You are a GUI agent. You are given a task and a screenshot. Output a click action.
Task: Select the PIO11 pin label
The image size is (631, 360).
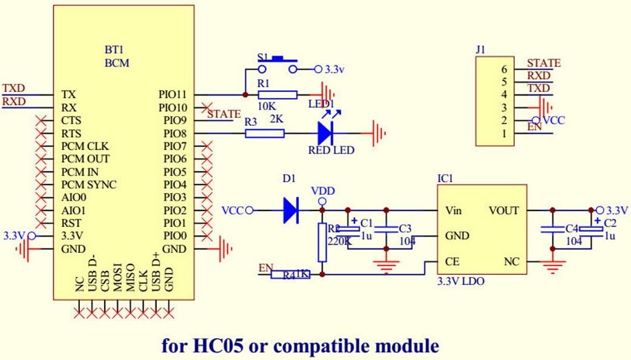click(172, 95)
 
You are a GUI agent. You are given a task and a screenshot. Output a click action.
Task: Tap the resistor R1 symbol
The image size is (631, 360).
click(277, 95)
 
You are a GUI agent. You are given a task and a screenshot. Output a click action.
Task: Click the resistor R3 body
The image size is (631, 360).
click(264, 133)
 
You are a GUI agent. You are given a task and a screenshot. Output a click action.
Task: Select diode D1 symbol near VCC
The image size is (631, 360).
click(291, 210)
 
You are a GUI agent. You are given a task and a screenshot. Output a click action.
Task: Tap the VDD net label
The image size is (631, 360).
click(322, 191)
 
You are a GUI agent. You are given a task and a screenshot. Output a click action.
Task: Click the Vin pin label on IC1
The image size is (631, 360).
click(454, 211)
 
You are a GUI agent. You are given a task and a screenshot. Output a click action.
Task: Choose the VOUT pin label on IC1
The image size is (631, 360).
click(503, 211)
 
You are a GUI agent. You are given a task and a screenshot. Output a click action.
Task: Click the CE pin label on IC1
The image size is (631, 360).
click(451, 262)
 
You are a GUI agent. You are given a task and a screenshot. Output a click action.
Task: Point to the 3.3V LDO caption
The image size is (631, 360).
click(460, 282)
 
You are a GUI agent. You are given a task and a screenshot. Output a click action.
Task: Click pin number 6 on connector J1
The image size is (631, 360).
click(503, 69)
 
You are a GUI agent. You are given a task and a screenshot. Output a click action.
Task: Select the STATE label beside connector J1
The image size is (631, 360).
click(543, 63)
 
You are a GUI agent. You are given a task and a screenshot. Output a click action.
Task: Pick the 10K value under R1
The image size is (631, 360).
click(267, 106)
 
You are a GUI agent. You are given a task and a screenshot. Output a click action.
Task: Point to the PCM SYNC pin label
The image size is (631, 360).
click(89, 185)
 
